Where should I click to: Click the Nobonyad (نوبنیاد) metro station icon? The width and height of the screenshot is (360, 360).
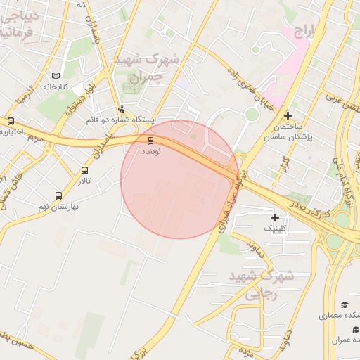(x=150, y=139)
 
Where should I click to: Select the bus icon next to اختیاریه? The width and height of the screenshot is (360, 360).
(x=11, y=121)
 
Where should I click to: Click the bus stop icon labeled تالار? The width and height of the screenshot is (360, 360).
(x=85, y=170)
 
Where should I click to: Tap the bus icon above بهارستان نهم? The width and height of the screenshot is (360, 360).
(x=58, y=196)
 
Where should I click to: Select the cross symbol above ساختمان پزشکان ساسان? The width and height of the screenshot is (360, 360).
(x=287, y=115)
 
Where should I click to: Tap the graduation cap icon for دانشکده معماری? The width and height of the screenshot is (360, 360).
(x=345, y=304)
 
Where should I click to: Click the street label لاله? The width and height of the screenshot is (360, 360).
(x=82, y=5)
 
